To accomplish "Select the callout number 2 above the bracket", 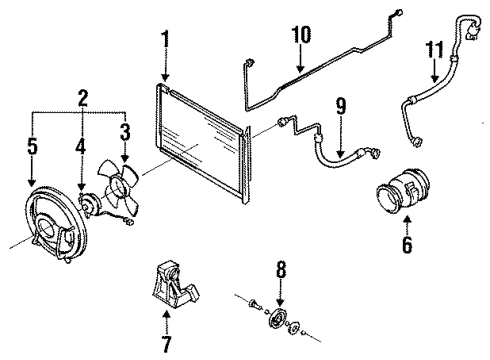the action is tap(83, 98).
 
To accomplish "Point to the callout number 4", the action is tap(81, 146).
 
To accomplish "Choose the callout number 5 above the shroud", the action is tap(32, 146).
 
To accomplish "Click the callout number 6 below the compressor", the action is tap(407, 245).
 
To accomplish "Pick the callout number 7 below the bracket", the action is tap(166, 343).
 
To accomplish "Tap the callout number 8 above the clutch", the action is tap(281, 269).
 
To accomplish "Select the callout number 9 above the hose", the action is tap(340, 106).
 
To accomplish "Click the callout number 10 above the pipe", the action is tap(301, 34).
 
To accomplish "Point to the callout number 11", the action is tap(435, 50).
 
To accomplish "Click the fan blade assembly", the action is tap(118, 187).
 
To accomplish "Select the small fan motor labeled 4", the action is tap(89, 204).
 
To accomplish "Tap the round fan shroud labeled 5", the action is tap(55, 226).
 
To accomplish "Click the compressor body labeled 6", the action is tap(403, 191).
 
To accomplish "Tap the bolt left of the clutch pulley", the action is tap(254, 304).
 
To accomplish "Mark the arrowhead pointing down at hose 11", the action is tap(434, 79).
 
